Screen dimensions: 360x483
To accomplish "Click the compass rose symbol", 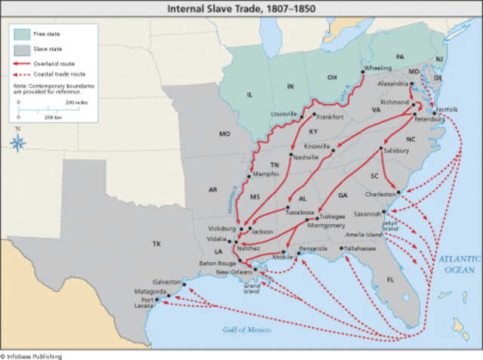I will click(19, 141).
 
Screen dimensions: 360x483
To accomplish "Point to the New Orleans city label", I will click(232, 272).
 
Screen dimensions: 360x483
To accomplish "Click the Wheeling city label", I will click(377, 68).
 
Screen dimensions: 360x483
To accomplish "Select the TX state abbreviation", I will click(157, 244).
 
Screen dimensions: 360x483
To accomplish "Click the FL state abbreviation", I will click(391, 279).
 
